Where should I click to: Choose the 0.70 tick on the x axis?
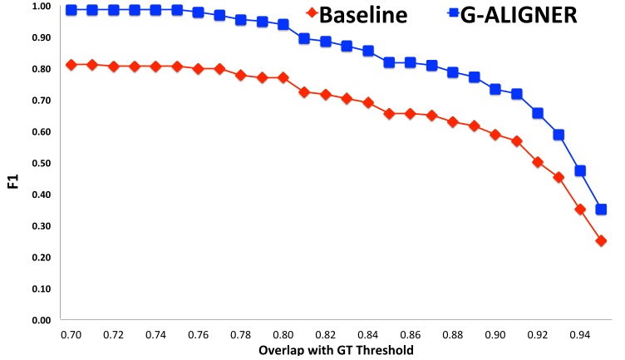(x=71, y=333)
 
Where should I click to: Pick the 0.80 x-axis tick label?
(x=283, y=333)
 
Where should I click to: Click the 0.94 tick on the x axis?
(x=579, y=333)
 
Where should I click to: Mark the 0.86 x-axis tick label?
(x=410, y=333)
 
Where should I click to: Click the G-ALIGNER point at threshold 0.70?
(x=71, y=10)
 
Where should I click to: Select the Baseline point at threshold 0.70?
(x=71, y=65)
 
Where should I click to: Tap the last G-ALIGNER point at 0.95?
(x=601, y=210)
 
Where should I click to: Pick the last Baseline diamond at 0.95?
(x=601, y=240)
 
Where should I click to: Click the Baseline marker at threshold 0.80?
(x=283, y=77)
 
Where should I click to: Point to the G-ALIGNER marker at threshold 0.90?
(x=495, y=89)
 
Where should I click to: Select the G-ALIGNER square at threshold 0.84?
(x=368, y=51)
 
